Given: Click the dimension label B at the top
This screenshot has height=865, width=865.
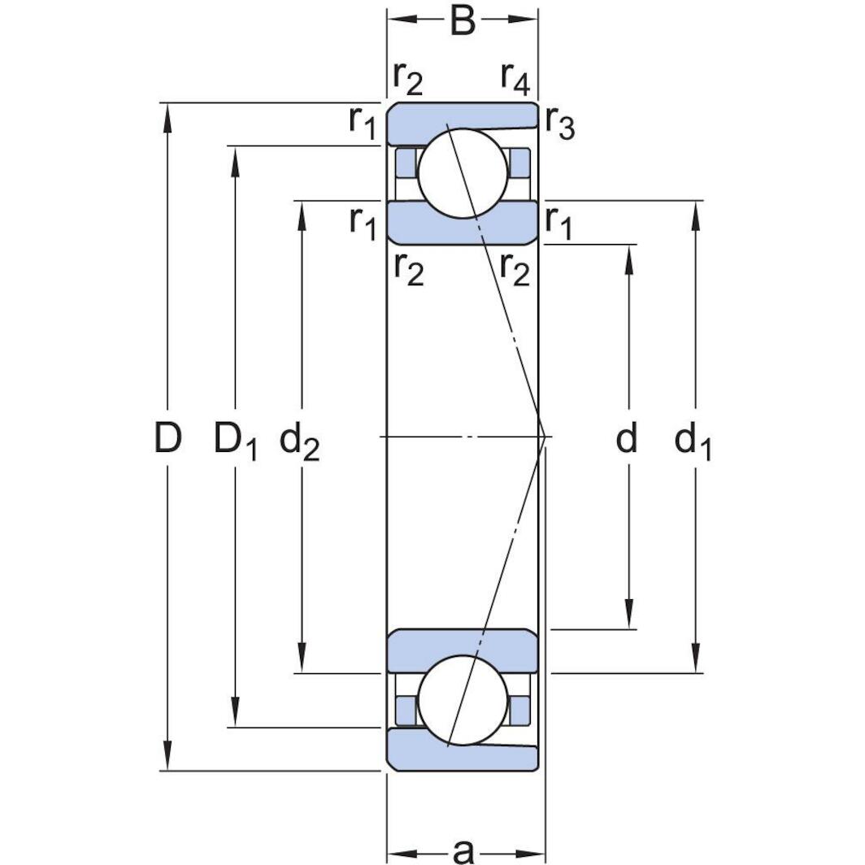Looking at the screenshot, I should pyautogui.click(x=462, y=22).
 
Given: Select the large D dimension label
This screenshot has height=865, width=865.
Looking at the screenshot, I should pyautogui.click(x=167, y=439).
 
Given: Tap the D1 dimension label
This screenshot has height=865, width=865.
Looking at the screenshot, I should pyautogui.click(x=235, y=441).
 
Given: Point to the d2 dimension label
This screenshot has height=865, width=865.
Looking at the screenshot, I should pyautogui.click(x=298, y=441).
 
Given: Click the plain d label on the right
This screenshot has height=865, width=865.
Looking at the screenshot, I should pyautogui.click(x=626, y=439).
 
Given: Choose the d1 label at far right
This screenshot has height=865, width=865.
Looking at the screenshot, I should pyautogui.click(x=693, y=441).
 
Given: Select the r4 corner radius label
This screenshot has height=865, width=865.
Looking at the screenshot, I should pyautogui.click(x=515, y=78).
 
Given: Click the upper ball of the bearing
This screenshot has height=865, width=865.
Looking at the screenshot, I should pyautogui.click(x=460, y=171).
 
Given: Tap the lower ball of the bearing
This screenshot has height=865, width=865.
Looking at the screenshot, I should pyautogui.click(x=460, y=700).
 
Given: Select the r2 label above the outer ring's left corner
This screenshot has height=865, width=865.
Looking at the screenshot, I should pyautogui.click(x=407, y=79).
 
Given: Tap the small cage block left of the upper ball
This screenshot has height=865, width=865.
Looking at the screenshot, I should pyautogui.click(x=405, y=163).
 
